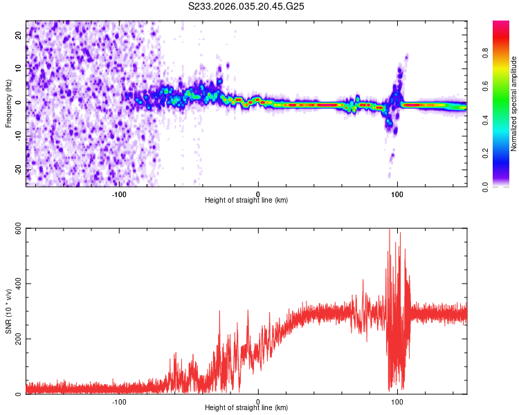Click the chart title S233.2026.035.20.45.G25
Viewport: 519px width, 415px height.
point(246,6)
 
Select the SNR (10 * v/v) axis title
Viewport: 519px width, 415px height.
point(8,311)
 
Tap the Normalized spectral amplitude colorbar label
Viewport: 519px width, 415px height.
point(514,104)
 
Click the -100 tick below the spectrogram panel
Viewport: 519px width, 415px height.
point(119,194)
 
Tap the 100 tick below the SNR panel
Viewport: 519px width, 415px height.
point(397,401)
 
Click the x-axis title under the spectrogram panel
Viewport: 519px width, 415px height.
point(246,201)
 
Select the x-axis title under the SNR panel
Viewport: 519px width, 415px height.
point(246,408)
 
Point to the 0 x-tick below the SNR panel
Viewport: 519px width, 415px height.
point(258,401)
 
